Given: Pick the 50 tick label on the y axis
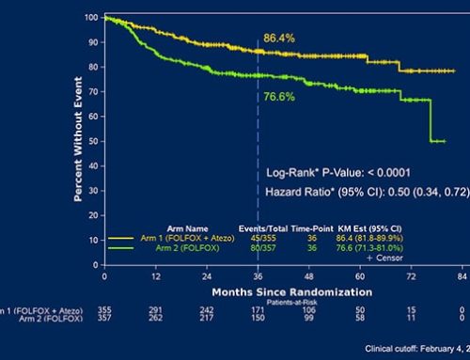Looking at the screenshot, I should point(93,141).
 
